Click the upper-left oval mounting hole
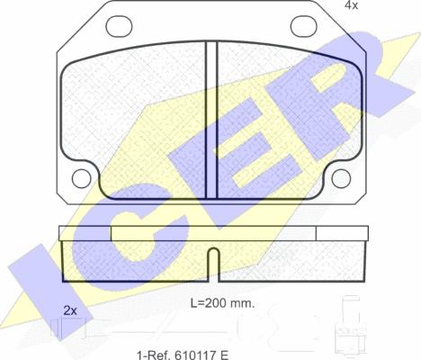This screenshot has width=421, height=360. coord(119,26)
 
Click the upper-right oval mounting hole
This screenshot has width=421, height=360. coord(303,26)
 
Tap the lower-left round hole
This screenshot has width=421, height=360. coord(82,178)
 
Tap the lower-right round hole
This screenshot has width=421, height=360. coord(341,178)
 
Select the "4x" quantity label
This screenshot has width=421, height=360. coord(351,5)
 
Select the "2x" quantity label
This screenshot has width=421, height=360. coord(70,310)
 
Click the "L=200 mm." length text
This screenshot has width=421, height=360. coord(222,303)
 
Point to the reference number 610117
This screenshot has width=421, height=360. coord(194,355)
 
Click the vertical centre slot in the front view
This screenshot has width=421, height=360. coord(211,120)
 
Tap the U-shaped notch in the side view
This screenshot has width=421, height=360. coord(213,264)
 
